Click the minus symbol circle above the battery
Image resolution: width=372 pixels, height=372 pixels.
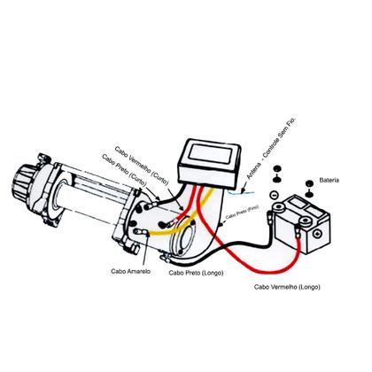[x=275, y=195]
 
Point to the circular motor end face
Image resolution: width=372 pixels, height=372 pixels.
[x=190, y=241]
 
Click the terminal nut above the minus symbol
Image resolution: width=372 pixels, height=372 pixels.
[x=275, y=171]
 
